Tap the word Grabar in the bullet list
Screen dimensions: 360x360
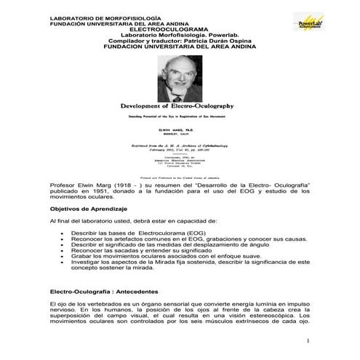(81, 256)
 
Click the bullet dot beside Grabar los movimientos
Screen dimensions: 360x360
(64, 256)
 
